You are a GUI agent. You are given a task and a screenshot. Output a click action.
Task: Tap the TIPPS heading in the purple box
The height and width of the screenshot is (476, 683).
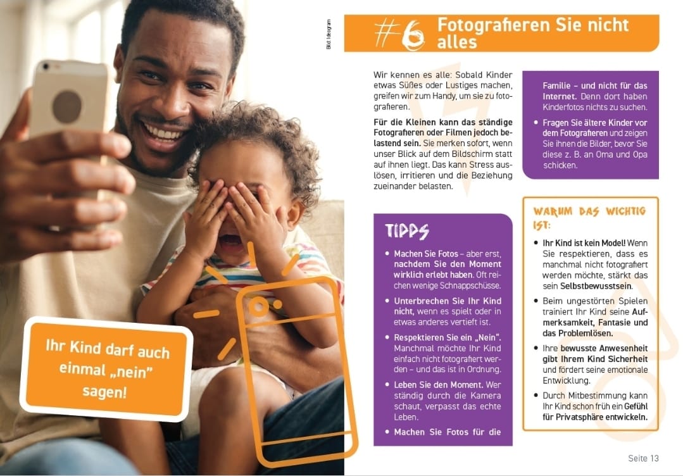[x=406, y=231]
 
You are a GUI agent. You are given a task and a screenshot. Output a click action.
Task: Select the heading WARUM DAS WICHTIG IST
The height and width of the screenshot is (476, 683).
[x=589, y=217]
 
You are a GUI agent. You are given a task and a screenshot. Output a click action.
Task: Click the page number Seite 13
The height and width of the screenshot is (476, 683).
[x=643, y=458]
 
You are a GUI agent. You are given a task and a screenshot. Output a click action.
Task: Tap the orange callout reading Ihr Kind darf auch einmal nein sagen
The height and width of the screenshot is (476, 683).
[x=107, y=369]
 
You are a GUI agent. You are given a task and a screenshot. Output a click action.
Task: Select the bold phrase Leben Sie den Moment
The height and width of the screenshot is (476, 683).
[x=429, y=384]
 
